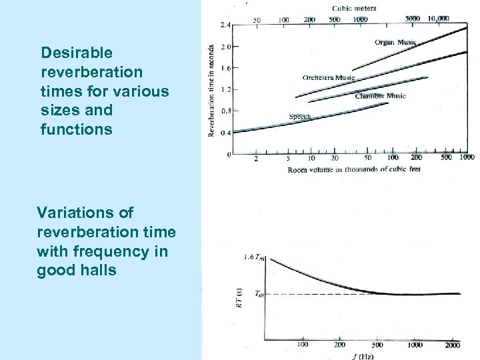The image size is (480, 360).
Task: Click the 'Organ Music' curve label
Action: (x=395, y=43)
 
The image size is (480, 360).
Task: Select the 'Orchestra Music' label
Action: (x=329, y=78)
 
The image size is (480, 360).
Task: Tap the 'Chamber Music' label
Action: (x=380, y=96)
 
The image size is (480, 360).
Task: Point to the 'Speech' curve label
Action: (x=299, y=117)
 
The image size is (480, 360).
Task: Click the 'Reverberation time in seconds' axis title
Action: (x=211, y=91)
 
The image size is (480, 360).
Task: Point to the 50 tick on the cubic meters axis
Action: (x=257, y=20)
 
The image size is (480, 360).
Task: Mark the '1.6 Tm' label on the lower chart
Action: (x=253, y=257)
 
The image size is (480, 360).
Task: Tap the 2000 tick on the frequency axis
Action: (x=453, y=345)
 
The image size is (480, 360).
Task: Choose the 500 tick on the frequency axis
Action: (x=378, y=345)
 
